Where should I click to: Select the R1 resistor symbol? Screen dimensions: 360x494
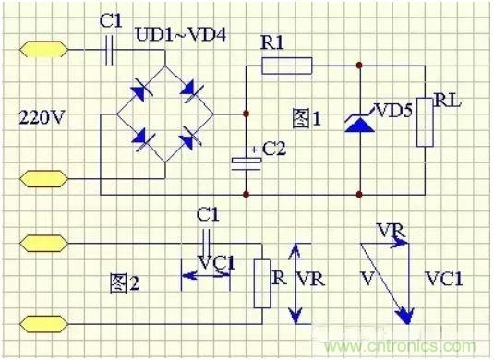[286, 66]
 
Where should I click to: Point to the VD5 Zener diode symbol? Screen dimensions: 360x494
[358, 121]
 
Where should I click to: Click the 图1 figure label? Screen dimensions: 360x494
[306, 117]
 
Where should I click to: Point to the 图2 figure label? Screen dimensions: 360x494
[123, 283]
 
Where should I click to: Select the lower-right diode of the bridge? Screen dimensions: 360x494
[191, 139]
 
